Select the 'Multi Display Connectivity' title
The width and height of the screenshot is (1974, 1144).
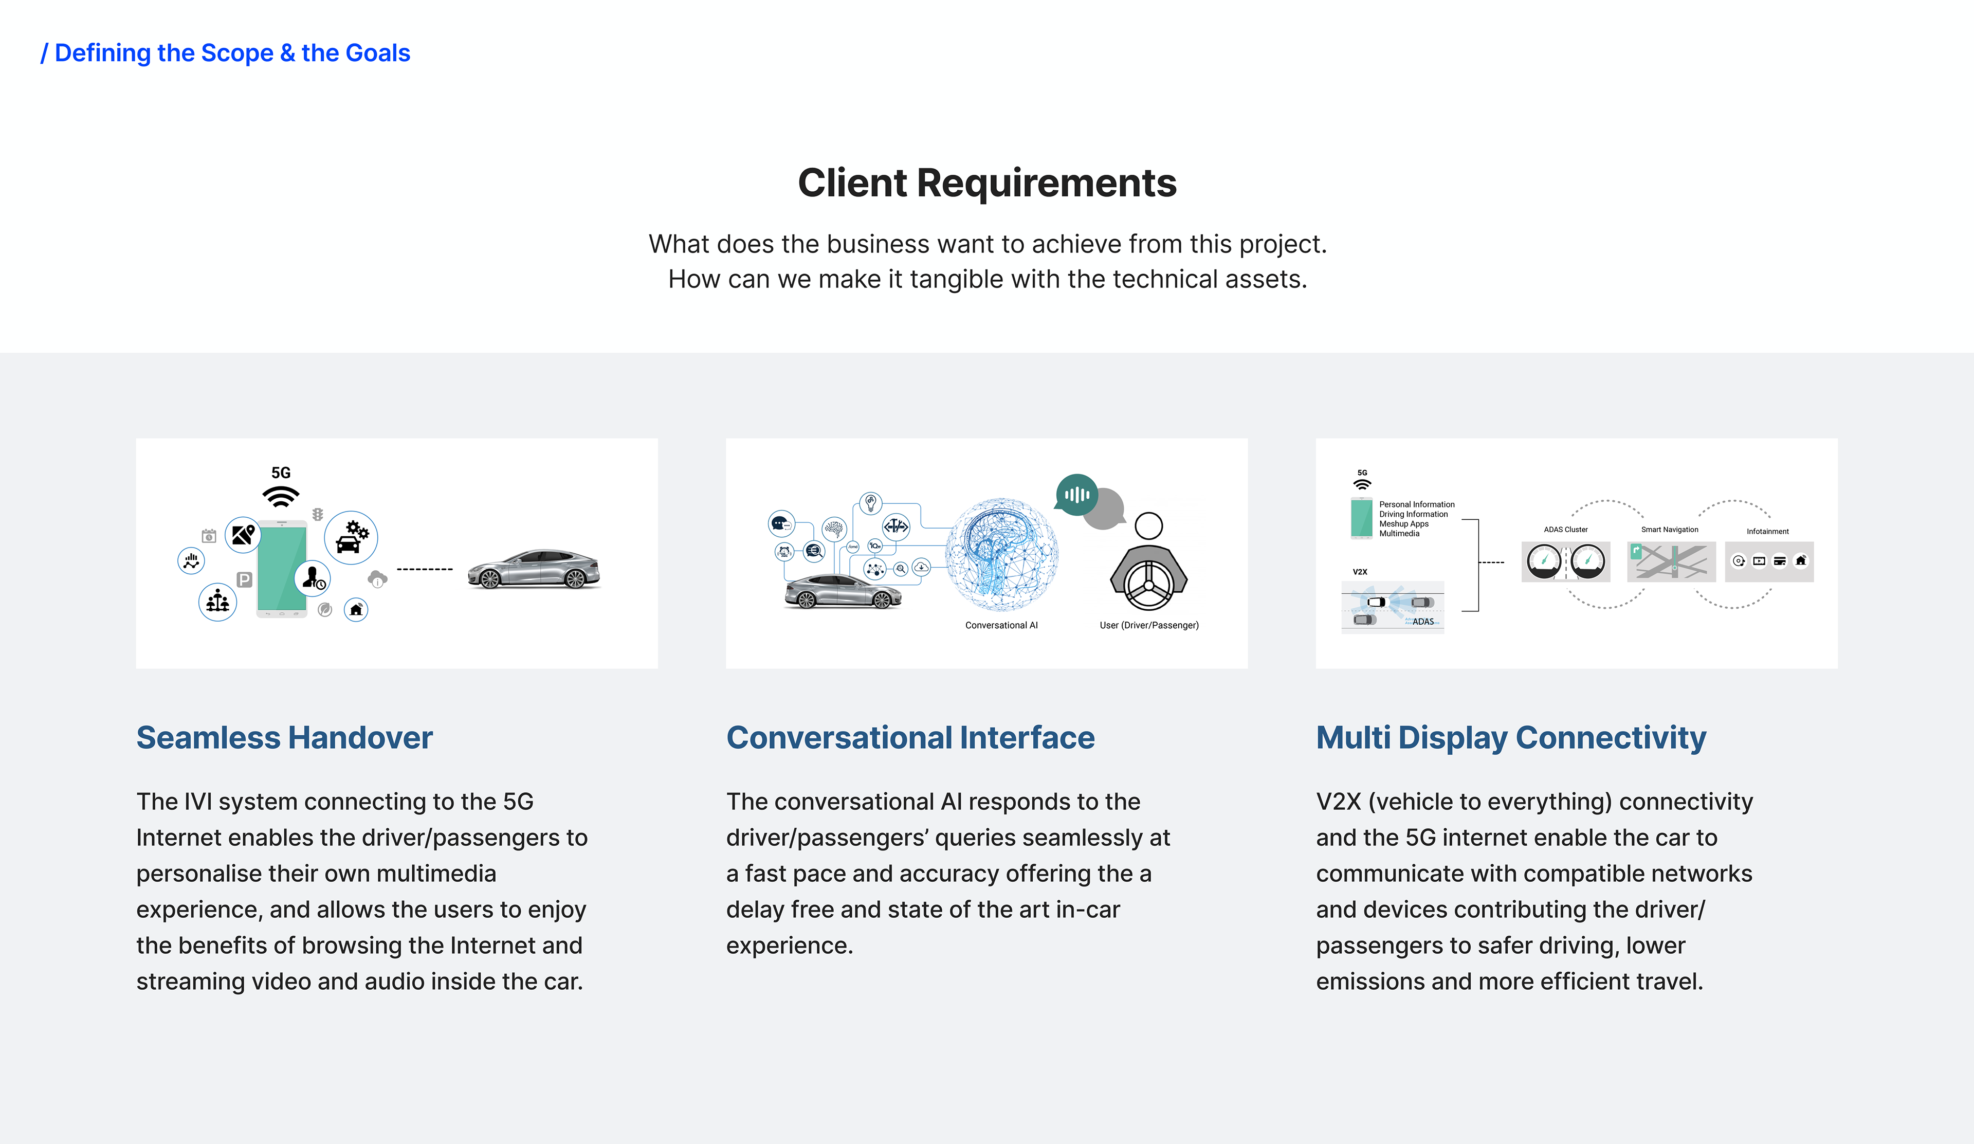click(x=1511, y=738)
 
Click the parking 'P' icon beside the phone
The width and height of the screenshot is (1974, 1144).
click(x=244, y=580)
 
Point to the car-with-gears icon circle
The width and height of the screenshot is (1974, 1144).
click(x=351, y=537)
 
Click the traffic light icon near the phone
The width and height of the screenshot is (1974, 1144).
click(x=317, y=514)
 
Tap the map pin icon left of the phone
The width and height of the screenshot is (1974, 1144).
click(x=243, y=535)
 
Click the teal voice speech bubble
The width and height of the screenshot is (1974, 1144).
click(x=1076, y=495)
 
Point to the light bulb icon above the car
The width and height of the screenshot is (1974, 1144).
click(x=870, y=503)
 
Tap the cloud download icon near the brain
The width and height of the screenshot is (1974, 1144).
click(x=922, y=567)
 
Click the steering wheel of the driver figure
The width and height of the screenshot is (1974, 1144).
click(x=1148, y=585)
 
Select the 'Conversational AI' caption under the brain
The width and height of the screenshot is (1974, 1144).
click(x=1001, y=625)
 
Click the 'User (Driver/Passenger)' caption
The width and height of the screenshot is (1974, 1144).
click(x=1149, y=625)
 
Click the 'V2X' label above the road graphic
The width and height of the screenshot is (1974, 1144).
click(x=1360, y=572)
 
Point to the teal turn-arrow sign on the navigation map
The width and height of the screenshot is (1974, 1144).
click(x=1636, y=552)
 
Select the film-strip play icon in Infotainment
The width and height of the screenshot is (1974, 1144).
click(x=1759, y=561)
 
